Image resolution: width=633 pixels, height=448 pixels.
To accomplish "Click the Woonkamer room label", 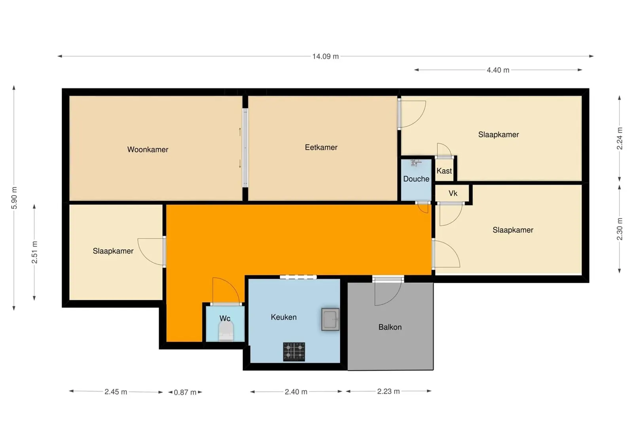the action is [x=148, y=149].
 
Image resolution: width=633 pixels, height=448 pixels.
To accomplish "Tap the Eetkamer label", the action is [x=321, y=147].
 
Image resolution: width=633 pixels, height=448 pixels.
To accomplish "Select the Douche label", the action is [x=416, y=179].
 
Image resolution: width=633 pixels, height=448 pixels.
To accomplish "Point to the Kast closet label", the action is [x=444, y=171].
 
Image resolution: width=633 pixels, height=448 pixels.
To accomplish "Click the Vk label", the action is [x=453, y=193].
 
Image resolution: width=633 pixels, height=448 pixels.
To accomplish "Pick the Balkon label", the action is [x=390, y=327].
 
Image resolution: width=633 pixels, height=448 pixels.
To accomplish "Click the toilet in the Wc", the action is [x=226, y=332].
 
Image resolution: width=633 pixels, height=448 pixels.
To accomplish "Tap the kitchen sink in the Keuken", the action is [x=330, y=319].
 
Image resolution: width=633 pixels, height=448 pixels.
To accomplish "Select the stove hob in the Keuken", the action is [x=294, y=352].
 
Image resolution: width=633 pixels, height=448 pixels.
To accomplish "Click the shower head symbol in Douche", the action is [x=415, y=163].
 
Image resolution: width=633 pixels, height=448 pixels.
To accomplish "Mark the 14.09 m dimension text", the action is [x=325, y=56].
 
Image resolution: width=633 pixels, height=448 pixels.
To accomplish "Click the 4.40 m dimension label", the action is [x=498, y=70].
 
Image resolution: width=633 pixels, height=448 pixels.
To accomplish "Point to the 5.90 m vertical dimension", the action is [x=14, y=198].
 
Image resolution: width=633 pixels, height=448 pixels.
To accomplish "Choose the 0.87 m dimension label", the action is [x=185, y=392].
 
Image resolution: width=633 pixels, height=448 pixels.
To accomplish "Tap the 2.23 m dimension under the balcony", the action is [x=388, y=391].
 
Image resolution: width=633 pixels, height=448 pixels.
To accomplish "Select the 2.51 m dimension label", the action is [x=34, y=252].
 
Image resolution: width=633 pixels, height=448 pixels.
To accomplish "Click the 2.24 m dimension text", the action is [x=620, y=138].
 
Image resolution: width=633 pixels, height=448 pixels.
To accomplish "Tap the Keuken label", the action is [x=284, y=317].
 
